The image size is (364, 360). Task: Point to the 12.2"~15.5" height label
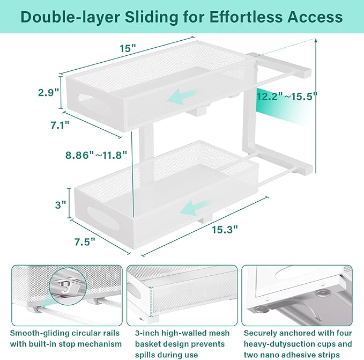(x=287, y=97)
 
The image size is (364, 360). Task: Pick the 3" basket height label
(x=60, y=204)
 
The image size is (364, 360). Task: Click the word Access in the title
(x=316, y=17)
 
